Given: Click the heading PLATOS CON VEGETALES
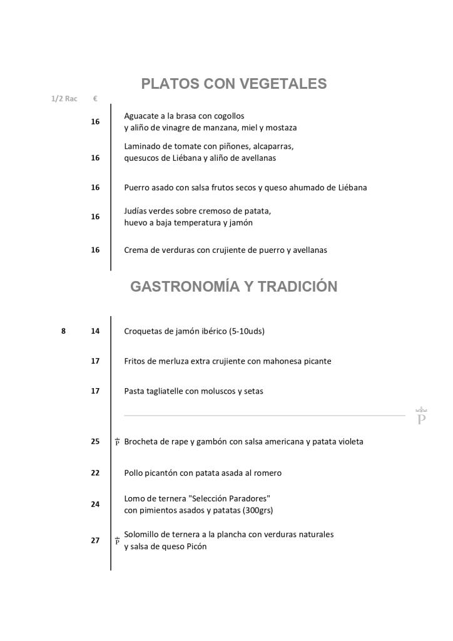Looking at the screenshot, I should [x=234, y=84].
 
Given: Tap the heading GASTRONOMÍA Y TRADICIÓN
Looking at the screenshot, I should [x=233, y=287].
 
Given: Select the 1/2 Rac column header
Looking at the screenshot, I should [x=64, y=99].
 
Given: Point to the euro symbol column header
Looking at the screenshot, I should [x=94, y=99].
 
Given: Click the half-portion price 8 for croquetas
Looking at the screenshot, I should [x=63, y=331].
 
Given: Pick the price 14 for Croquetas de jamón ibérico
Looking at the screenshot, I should [x=95, y=331].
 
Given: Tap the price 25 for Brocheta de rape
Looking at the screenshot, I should [x=95, y=441].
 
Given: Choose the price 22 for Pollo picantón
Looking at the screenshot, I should [x=95, y=473].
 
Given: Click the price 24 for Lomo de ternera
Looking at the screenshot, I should [x=95, y=504].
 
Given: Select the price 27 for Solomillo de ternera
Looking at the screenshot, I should [x=95, y=540].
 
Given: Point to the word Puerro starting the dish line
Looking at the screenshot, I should [x=137, y=187].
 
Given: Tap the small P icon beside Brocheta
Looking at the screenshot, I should [x=117, y=442].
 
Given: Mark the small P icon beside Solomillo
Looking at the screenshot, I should [x=117, y=541].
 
